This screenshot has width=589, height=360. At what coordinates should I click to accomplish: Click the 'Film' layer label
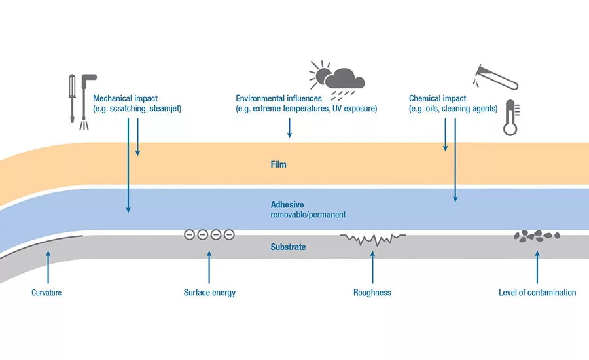278,164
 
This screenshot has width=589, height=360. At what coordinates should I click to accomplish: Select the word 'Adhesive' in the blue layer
287,204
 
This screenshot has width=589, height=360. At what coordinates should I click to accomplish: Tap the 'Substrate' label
288,247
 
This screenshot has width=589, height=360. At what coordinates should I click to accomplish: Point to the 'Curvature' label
46,293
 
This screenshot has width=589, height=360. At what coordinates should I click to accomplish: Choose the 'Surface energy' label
209,293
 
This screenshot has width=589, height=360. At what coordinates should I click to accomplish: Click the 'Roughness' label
372,293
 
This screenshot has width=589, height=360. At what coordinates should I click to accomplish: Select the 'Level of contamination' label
537,293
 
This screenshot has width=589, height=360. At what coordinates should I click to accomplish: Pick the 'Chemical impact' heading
437,98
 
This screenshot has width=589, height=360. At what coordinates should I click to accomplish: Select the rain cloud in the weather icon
345,81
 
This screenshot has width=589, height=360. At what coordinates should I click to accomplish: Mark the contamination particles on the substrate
537,235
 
